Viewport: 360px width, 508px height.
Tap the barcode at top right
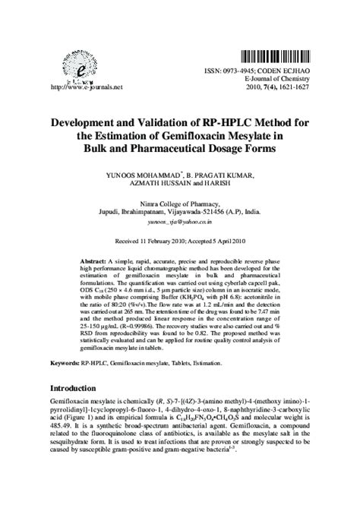tap(276, 57)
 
